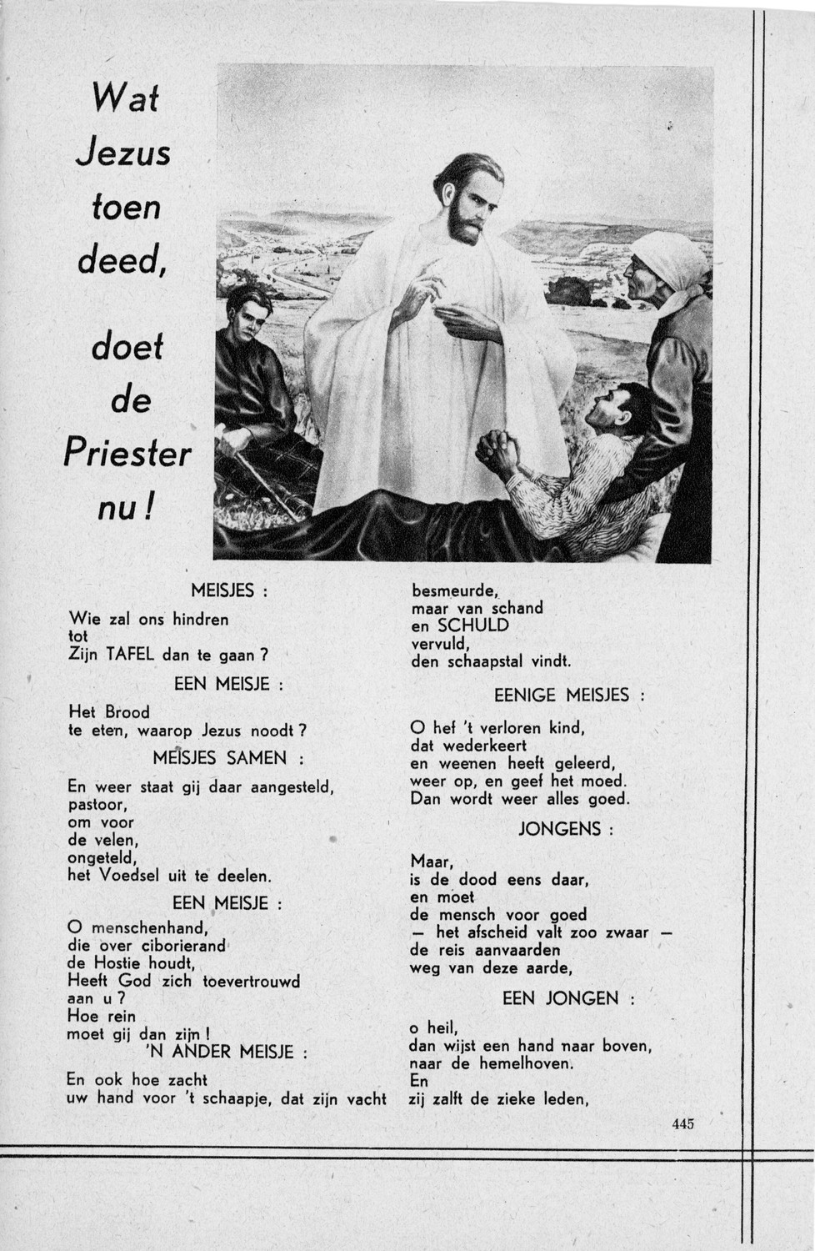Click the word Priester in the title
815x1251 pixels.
click(127, 455)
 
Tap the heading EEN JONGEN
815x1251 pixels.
click(560, 998)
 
